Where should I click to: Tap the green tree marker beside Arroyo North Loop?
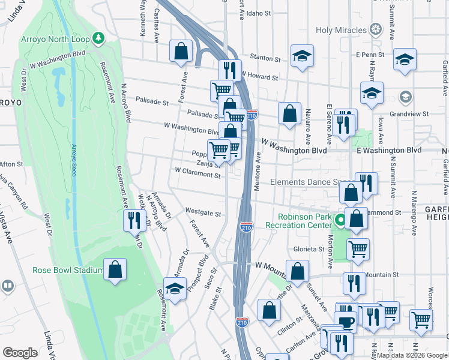[98, 40]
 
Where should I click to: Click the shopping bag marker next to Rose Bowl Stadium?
[115, 269]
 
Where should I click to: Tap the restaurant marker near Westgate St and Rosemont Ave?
[134, 220]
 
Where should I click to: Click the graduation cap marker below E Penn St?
[405, 60]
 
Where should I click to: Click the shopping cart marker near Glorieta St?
[358, 248]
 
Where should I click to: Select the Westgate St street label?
[203, 213]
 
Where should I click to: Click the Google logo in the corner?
[20, 352]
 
